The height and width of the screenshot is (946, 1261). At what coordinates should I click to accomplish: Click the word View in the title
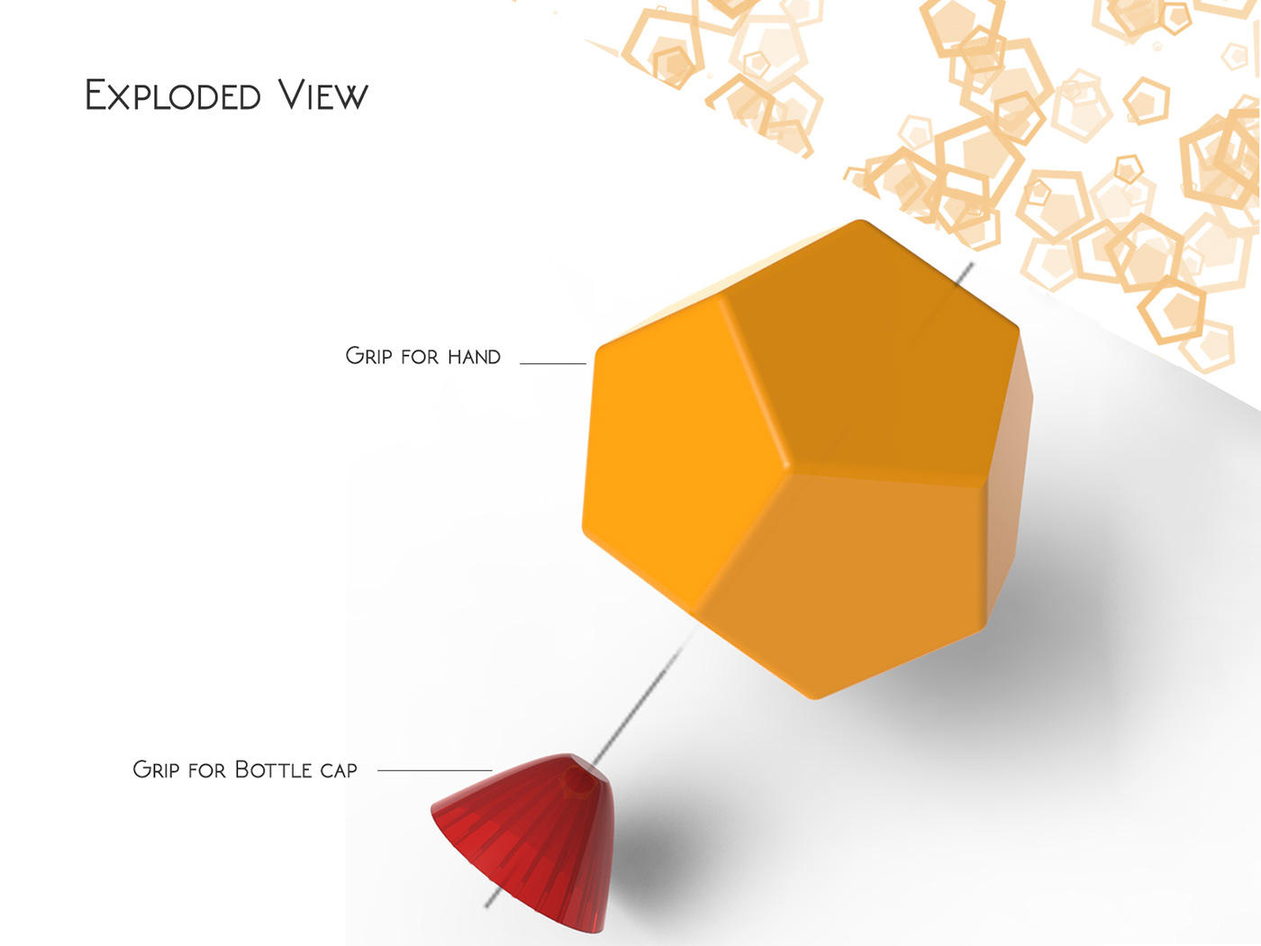[x=322, y=96]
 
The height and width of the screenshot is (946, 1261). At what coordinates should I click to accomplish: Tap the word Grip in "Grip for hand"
[x=368, y=356]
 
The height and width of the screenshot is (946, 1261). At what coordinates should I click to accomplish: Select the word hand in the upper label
[x=474, y=357]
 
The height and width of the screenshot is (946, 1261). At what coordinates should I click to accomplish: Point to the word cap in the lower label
[x=339, y=770]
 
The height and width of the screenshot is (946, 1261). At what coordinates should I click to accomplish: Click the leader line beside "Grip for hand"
[x=553, y=363]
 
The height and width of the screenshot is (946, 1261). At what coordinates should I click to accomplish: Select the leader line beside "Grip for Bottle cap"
[x=434, y=770]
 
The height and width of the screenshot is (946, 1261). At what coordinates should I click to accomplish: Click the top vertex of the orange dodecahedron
[x=860, y=222]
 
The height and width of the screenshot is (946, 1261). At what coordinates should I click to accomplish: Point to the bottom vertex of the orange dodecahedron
[x=815, y=696]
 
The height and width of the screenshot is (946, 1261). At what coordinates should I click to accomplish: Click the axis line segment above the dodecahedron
[x=958, y=278]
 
